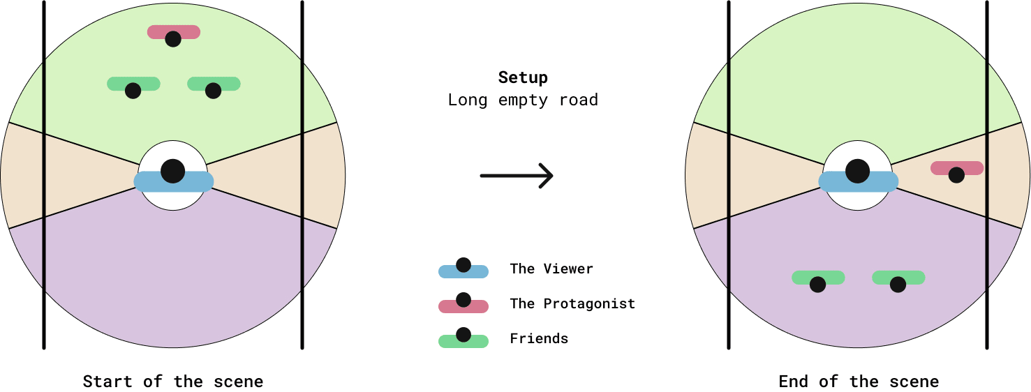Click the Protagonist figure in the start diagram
(173, 34)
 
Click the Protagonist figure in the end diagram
(956, 170)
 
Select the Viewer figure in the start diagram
(173, 176)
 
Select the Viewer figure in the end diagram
(858, 176)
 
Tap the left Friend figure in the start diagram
(133, 86)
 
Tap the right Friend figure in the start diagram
(214, 86)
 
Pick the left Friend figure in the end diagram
(818, 280)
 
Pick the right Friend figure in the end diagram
(898, 280)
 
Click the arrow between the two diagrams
(517, 176)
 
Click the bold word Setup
(523, 77)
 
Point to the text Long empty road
(523, 100)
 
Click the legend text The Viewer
(551, 269)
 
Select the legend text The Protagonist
(572, 303)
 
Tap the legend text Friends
(539, 338)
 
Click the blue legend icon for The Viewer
(463, 269)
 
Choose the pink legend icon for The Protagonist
(463, 304)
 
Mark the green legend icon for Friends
(463, 339)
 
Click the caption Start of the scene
(173, 382)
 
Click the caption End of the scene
(859, 382)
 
